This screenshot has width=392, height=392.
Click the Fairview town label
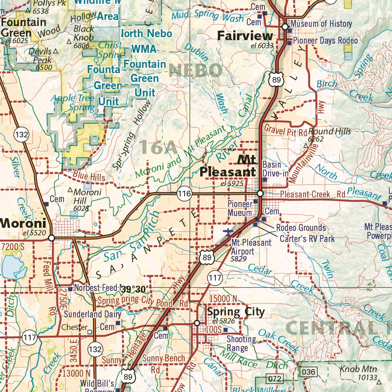(245, 36)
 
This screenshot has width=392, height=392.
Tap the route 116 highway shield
(184, 194)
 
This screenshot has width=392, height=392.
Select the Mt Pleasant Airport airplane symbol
(229, 232)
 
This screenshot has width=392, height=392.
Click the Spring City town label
(236, 312)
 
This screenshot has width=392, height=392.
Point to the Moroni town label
(23, 223)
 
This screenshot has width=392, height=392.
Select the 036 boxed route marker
(309, 372)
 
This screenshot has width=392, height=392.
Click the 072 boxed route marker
(275, 379)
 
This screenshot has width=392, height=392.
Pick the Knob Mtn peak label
(358, 369)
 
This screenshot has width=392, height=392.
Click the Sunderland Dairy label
(92, 314)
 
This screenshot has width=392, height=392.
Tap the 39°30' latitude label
(134, 289)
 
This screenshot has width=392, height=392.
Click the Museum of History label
(321, 24)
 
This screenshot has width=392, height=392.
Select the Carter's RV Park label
(307, 239)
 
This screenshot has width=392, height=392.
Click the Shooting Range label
(241, 343)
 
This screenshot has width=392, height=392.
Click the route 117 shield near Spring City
(216, 278)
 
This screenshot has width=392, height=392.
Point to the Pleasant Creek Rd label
(312, 194)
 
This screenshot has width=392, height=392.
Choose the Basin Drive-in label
(275, 169)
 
